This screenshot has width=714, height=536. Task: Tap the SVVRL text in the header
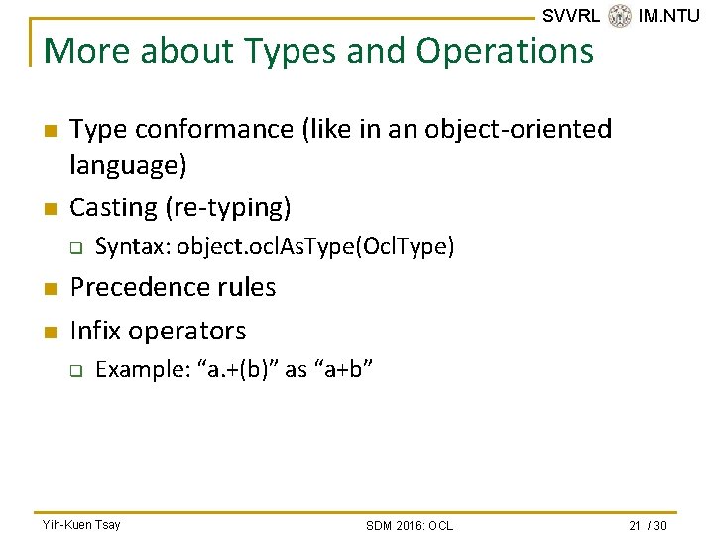pyautogui.click(x=570, y=16)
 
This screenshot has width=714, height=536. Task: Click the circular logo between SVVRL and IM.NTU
pyautogui.click(x=620, y=16)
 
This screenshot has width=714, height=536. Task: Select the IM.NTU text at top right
pyautogui.click(x=669, y=16)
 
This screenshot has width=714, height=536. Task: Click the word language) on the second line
pyautogui.click(x=129, y=164)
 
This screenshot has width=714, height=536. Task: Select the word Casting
pyautogui.click(x=114, y=207)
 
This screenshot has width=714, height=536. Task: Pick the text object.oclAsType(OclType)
pyautogui.click(x=315, y=246)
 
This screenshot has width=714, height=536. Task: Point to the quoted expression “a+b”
pyautogui.click(x=343, y=369)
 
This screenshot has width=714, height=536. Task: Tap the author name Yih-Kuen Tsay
pyautogui.click(x=80, y=524)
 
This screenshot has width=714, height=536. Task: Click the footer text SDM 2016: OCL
pyautogui.click(x=409, y=525)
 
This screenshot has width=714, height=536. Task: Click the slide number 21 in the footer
pyautogui.click(x=635, y=525)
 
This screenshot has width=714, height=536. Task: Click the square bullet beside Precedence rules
pyautogui.click(x=48, y=288)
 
